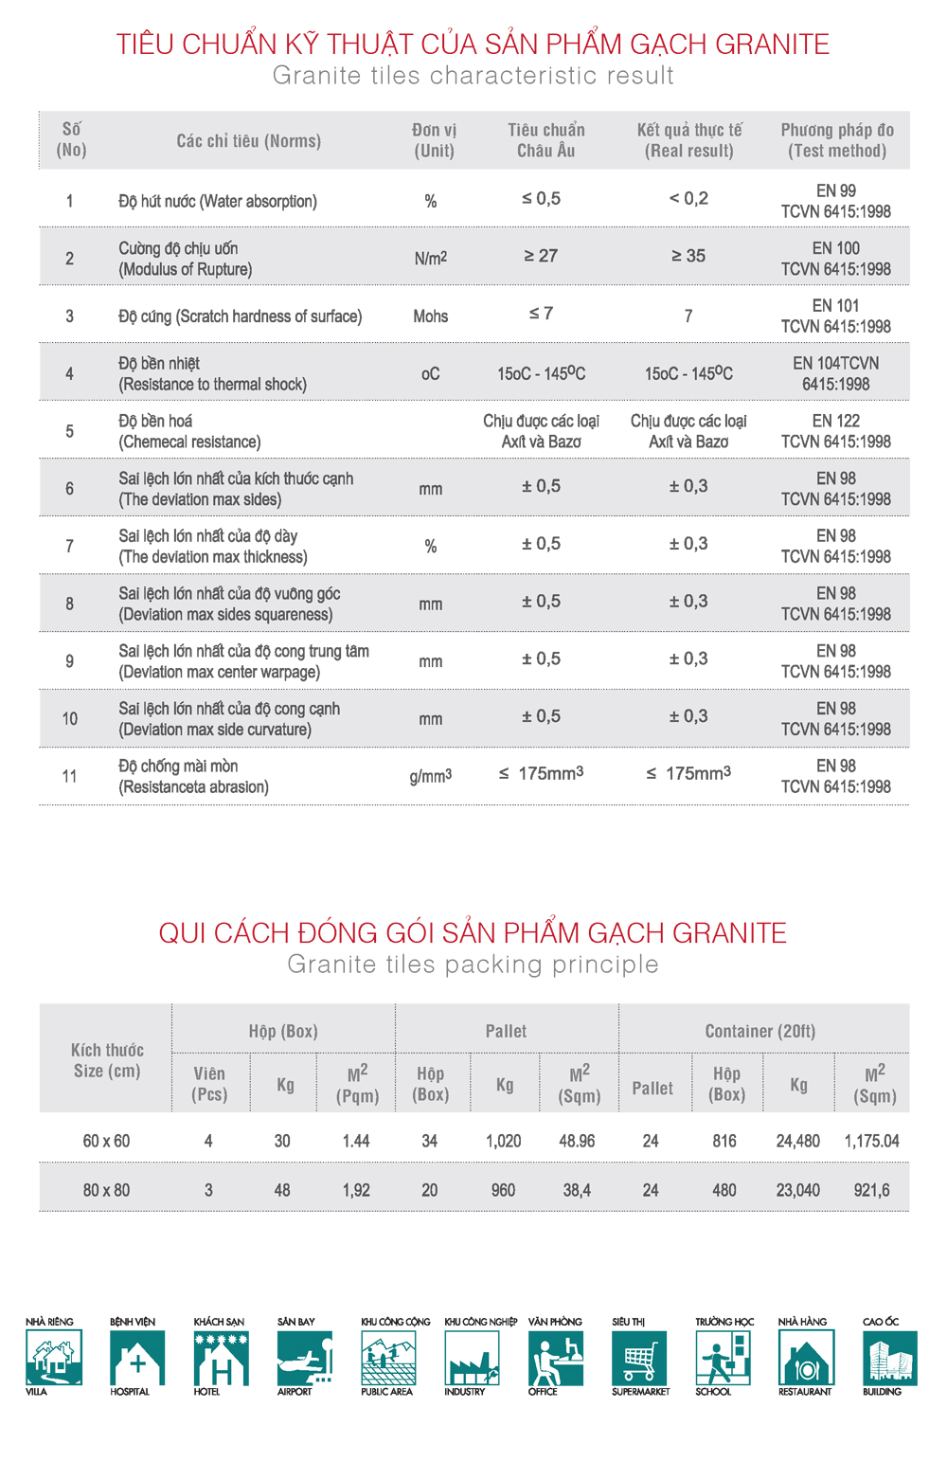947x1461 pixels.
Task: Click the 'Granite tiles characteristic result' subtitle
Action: click(x=473, y=76)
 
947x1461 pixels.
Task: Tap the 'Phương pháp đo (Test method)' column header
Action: click(x=836, y=140)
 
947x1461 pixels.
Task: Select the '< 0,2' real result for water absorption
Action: click(x=688, y=199)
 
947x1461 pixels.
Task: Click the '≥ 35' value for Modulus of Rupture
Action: click(x=688, y=256)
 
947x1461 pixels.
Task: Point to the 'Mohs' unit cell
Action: click(x=430, y=316)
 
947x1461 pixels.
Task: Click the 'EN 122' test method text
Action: click(x=835, y=421)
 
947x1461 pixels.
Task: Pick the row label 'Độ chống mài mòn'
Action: click(x=178, y=767)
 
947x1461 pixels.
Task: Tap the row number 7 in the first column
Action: click(x=69, y=547)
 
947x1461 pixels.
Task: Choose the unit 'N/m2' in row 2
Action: click(x=430, y=258)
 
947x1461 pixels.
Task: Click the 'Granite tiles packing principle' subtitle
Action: click(x=473, y=965)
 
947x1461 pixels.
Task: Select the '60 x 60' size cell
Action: click(x=106, y=1141)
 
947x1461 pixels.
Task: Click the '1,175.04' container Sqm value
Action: click(x=871, y=1141)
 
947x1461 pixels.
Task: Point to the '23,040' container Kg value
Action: click(x=797, y=1190)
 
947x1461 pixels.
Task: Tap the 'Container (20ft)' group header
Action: click(x=759, y=1031)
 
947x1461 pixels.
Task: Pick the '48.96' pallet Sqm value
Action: click(x=577, y=1141)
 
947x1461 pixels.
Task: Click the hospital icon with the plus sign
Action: click(x=137, y=1358)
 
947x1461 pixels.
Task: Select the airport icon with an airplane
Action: click(x=304, y=1358)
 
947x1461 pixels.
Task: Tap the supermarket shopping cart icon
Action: click(x=639, y=1358)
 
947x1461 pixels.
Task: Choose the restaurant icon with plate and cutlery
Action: click(x=806, y=1358)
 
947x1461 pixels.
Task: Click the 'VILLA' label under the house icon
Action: click(x=36, y=1392)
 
